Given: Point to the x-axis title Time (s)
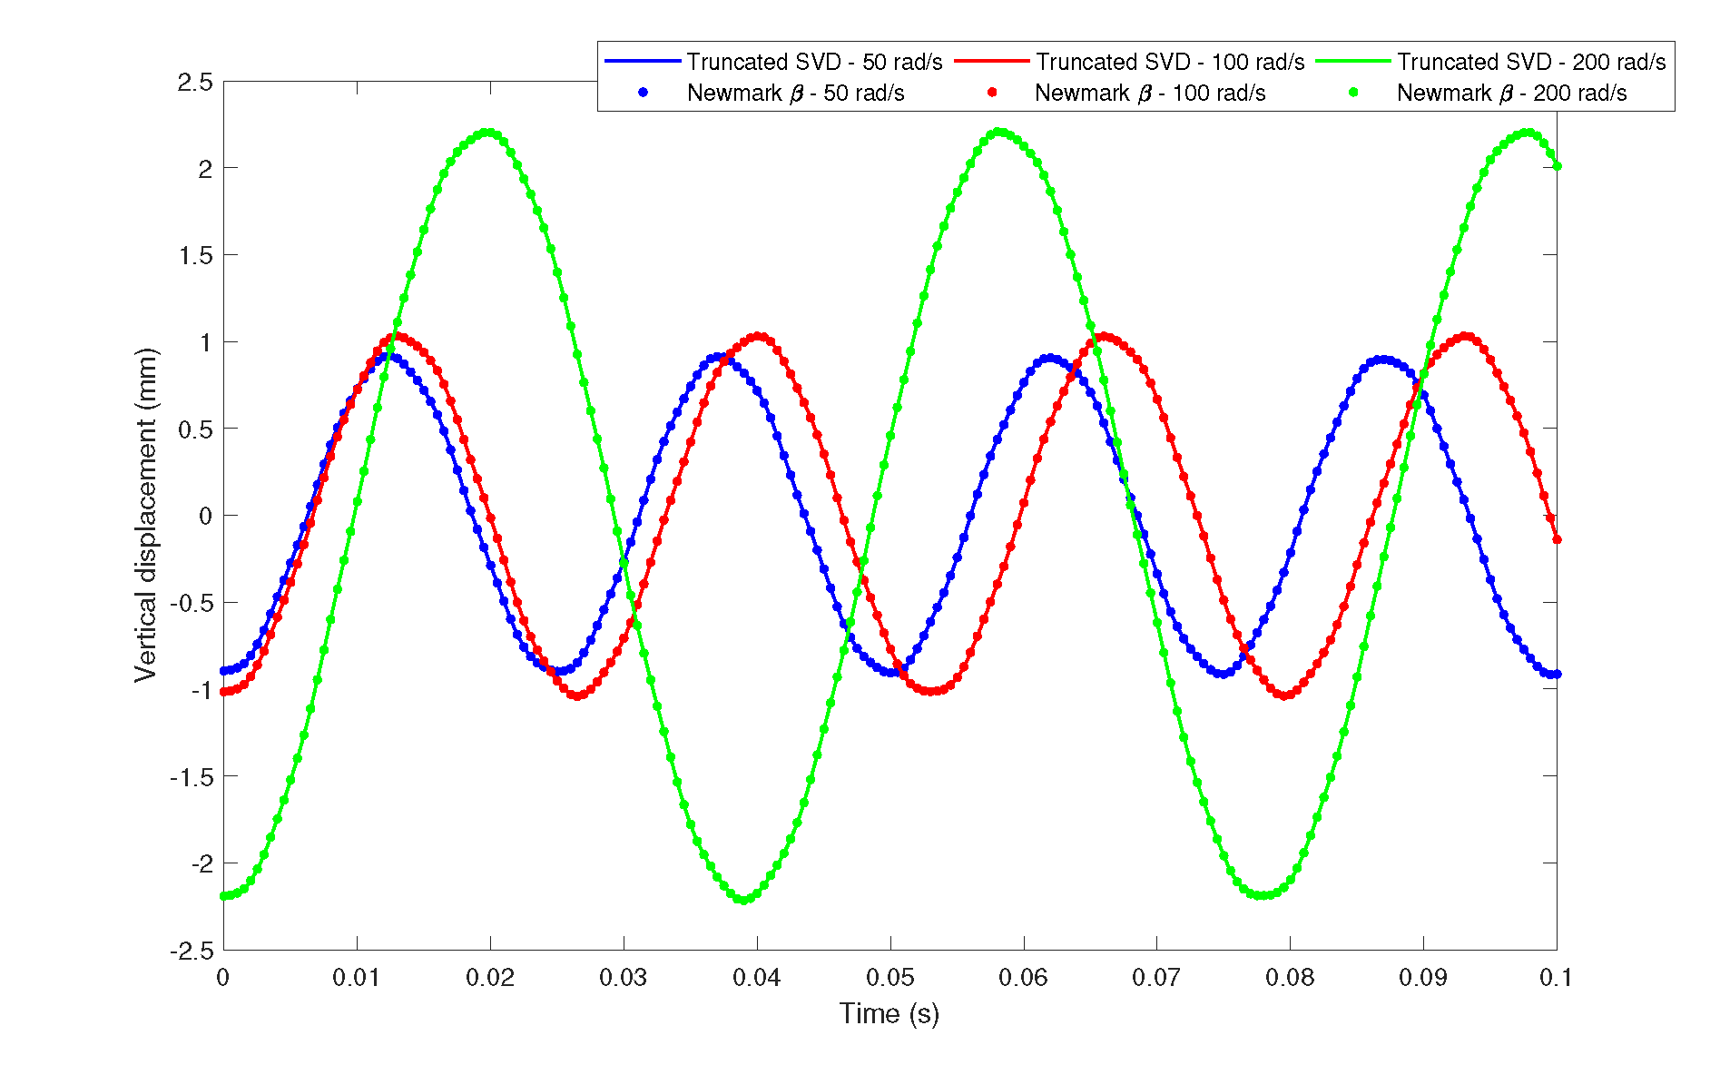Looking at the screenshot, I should (889, 1013).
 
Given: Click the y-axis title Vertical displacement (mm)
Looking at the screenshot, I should (145, 515).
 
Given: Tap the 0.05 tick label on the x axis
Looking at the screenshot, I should (889, 978).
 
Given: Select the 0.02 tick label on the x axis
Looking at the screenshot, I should (490, 978).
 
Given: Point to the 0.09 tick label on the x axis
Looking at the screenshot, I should (1423, 978).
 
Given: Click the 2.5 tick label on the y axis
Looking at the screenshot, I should (195, 83).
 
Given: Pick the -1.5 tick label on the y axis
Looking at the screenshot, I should (191, 777).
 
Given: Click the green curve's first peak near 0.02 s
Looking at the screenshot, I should (489, 133).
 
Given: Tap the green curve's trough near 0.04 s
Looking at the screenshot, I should (742, 900).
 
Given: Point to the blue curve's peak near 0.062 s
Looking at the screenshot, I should (1049, 359).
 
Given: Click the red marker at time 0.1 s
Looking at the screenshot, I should (1557, 540).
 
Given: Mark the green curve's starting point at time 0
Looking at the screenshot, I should (224, 896).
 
